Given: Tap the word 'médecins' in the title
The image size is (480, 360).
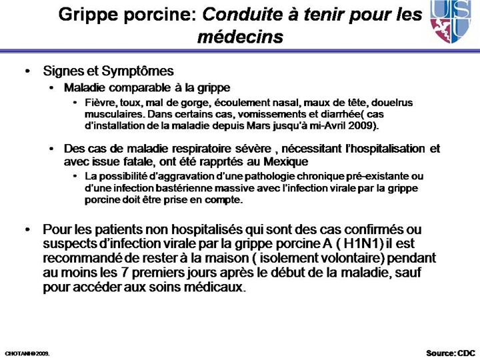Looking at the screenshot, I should click(x=240, y=37).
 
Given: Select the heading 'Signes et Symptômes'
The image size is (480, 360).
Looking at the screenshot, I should click(x=108, y=71).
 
